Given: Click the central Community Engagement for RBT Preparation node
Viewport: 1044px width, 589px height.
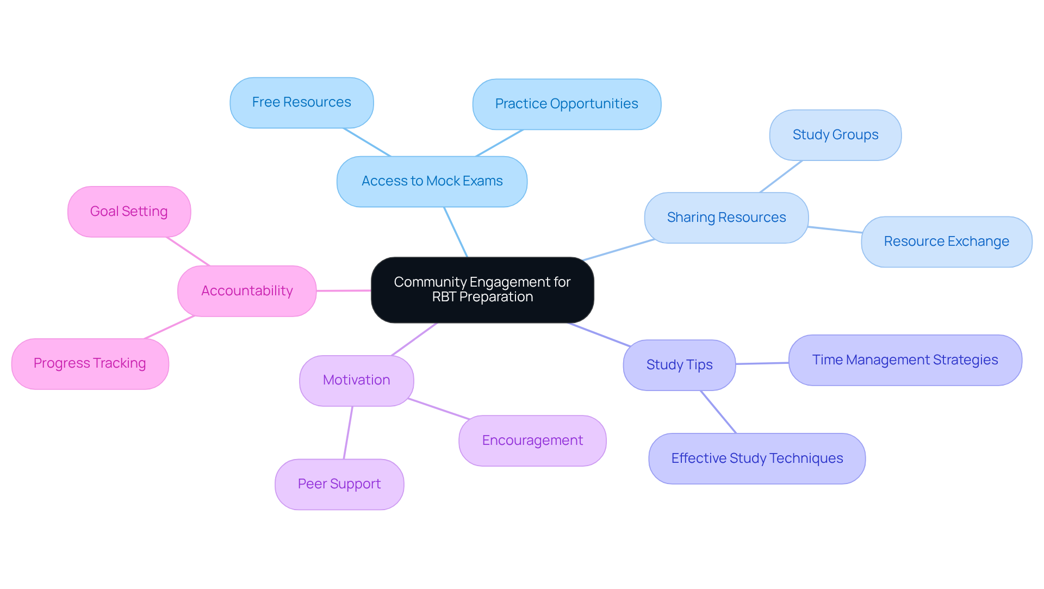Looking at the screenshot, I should [482, 290].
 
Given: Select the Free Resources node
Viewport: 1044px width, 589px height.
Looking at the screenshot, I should [301, 103].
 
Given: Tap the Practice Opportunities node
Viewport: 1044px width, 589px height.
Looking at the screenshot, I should [567, 104].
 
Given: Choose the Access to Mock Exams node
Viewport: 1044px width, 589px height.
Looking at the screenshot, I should [432, 181].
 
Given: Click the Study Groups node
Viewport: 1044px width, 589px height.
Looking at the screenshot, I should [835, 135].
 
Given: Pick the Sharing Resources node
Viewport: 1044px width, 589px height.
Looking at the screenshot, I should [726, 218].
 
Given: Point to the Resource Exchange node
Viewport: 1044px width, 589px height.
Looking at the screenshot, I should [946, 241].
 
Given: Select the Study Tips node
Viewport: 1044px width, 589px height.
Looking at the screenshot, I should [679, 365].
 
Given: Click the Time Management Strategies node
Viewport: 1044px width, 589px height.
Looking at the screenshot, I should [905, 360].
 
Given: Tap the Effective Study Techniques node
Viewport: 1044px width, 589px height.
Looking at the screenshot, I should [757, 458].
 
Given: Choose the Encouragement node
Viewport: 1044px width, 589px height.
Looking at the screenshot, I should [532, 441].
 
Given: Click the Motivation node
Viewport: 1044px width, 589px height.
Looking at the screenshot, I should [356, 380].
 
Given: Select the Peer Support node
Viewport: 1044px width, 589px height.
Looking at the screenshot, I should [339, 484].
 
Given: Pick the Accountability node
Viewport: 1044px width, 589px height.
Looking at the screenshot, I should [247, 291].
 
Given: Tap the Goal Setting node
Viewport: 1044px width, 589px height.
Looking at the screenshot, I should [129, 212].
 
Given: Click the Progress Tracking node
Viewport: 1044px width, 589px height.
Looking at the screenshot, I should [90, 363].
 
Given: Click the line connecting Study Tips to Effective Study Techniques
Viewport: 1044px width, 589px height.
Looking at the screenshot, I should [718, 412].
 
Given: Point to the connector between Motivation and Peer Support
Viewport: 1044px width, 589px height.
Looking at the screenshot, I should [348, 432].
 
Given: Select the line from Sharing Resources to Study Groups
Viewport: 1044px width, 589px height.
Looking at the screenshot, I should [781, 176].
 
